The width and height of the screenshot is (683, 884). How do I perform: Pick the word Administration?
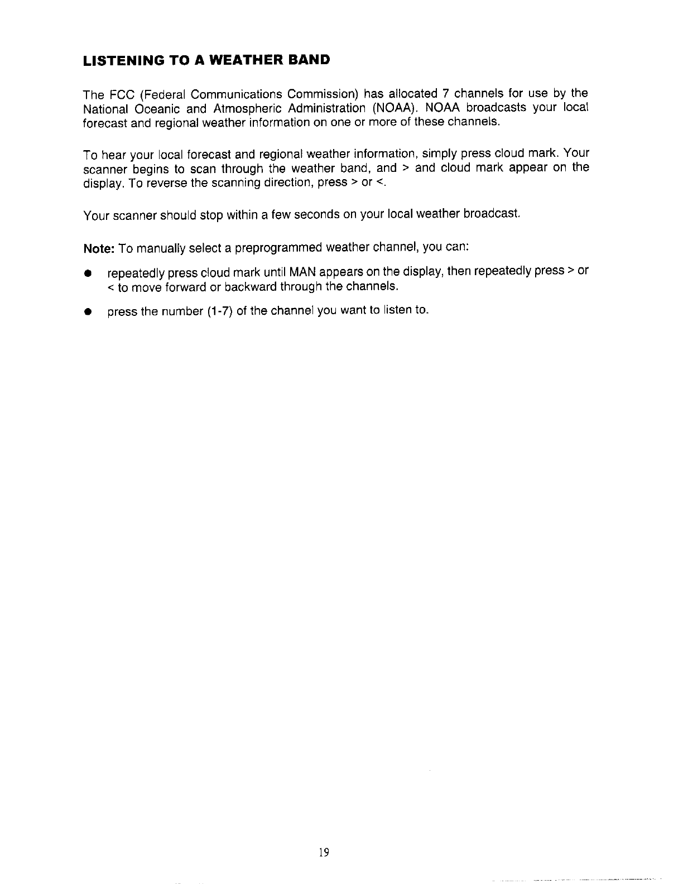pyautogui.click(x=328, y=108)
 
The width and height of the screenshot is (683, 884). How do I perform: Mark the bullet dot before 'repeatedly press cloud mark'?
pyautogui.click(x=88, y=273)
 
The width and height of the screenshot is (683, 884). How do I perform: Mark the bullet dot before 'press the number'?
pyautogui.click(x=88, y=312)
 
